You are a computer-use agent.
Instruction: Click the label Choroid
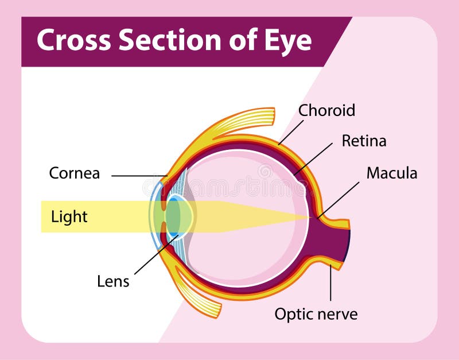tap(327, 110)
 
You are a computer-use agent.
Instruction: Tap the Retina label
tap(364, 141)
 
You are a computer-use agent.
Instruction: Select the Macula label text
tap(392, 173)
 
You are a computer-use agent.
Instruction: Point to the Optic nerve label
tap(316, 314)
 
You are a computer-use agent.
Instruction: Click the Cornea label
tap(75, 173)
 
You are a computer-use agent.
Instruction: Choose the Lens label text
tap(113, 281)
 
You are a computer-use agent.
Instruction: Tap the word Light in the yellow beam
tap(69, 216)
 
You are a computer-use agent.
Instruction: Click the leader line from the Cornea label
tap(138, 176)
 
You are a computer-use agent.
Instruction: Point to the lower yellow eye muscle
tap(198, 293)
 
